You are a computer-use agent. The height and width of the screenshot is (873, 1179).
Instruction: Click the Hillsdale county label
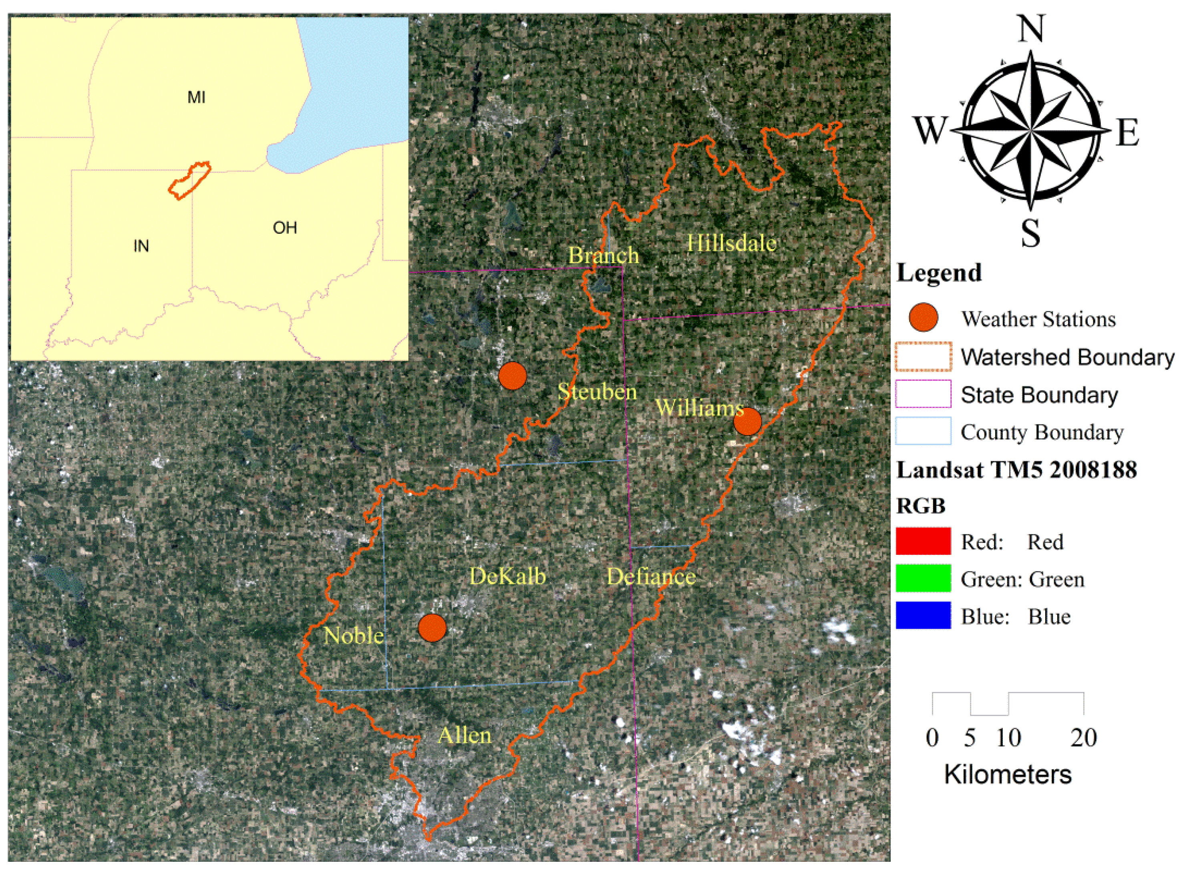click(731, 243)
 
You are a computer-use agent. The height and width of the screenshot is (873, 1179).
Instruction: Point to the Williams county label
click(699, 407)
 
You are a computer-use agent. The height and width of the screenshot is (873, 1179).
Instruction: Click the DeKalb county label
click(507, 576)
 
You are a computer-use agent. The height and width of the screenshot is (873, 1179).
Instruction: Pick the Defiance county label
click(651, 576)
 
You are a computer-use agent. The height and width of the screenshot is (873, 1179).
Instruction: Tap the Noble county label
click(354, 635)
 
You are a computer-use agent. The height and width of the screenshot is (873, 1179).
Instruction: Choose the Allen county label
click(464, 735)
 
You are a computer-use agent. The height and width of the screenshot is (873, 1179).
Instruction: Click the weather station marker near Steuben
click(512, 376)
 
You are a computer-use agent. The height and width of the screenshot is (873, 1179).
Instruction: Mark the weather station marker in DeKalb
click(432, 628)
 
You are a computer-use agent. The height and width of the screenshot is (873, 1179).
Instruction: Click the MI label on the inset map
click(196, 97)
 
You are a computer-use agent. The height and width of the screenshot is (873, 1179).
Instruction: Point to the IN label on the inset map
click(141, 246)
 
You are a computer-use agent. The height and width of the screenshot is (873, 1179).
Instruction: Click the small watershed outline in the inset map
click(189, 180)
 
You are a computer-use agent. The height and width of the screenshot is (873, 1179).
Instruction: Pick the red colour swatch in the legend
click(923, 541)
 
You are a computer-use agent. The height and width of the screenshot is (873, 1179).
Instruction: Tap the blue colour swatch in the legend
click(923, 616)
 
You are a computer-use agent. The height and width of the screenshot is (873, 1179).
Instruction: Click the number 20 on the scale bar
click(1083, 738)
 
